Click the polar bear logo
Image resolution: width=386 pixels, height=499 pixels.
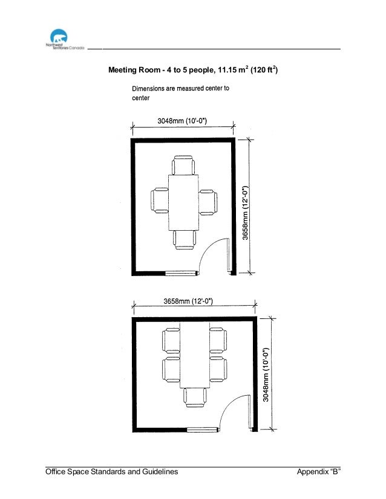coord(59,37)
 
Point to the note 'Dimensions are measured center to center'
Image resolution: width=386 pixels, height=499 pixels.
coord(180,93)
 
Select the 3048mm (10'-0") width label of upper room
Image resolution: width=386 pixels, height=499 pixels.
coord(182,121)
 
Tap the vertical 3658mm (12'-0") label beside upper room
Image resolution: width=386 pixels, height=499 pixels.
coord(245,213)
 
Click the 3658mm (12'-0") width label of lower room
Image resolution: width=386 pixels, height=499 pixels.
coord(188,301)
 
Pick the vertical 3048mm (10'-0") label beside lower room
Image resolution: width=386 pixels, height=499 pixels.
coord(266,375)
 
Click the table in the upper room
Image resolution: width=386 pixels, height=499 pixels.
coord(183,202)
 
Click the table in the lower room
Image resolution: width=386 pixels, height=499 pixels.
coord(195,355)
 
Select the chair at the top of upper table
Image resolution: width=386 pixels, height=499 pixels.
coord(183,165)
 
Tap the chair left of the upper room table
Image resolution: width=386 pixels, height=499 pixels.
coord(160,201)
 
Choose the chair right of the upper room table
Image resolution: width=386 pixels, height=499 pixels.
coord(208,202)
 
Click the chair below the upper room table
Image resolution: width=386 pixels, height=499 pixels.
coord(185,240)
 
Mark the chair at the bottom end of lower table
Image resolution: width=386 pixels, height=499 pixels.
coord(195,398)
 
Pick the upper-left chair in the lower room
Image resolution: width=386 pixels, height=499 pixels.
coord(171,341)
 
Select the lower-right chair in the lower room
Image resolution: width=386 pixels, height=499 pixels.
coord(218,369)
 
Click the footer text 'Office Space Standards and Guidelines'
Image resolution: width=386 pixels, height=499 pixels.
coord(111,472)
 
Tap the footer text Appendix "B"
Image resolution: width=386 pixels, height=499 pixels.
coord(318,472)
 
